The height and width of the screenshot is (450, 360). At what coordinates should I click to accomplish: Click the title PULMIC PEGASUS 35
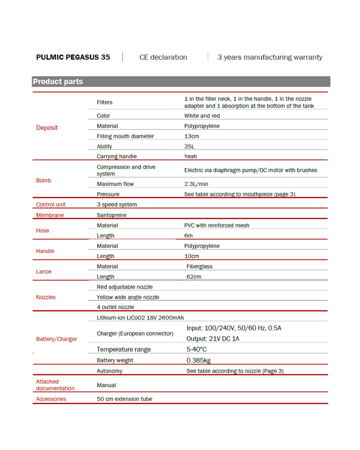(x=73, y=57)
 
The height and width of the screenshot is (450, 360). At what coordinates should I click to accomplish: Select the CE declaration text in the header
(x=163, y=57)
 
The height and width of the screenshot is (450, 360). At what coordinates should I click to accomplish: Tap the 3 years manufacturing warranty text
(x=270, y=57)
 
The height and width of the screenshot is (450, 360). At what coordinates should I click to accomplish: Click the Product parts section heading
(x=58, y=82)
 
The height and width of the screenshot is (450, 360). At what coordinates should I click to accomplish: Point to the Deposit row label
(x=47, y=128)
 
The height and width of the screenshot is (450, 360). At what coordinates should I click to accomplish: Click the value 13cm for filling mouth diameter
(x=192, y=136)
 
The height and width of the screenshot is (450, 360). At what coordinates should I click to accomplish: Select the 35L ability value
(x=189, y=146)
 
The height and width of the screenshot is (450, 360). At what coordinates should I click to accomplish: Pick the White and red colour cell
(x=202, y=116)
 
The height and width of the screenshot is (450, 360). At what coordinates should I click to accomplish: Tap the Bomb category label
(x=44, y=180)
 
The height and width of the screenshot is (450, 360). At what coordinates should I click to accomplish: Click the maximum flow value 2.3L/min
(x=196, y=184)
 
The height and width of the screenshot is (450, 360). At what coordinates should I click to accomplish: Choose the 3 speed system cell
(x=117, y=204)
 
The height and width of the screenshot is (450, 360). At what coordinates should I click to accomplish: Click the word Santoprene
(x=112, y=215)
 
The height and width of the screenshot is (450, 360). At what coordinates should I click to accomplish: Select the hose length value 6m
(x=188, y=236)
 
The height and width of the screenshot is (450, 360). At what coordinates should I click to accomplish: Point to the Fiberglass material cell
(x=199, y=266)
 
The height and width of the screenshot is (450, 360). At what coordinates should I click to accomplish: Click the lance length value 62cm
(x=194, y=277)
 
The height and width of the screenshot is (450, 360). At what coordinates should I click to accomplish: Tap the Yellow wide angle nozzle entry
(x=128, y=297)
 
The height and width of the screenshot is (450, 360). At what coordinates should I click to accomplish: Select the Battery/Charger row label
(x=56, y=339)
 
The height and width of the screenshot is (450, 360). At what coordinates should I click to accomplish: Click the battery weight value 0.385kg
(x=198, y=360)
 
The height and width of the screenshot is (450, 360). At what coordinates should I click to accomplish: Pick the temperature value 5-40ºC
(x=196, y=349)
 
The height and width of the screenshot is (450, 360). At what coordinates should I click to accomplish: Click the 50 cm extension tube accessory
(x=124, y=399)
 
